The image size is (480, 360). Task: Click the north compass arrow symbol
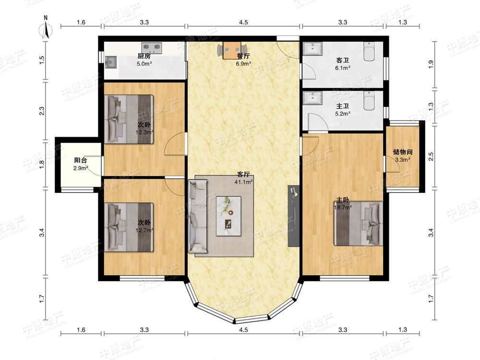(46, 30)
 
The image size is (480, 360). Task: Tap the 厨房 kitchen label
(144, 56)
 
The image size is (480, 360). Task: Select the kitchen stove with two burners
(152, 47)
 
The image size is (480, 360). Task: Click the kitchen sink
(111, 62)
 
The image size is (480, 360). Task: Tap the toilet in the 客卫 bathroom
(369, 51)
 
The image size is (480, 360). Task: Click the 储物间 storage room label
(403, 152)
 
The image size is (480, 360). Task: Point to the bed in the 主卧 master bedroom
(358, 224)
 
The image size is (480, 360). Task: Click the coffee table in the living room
(228, 216)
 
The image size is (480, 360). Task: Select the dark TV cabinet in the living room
(294, 216)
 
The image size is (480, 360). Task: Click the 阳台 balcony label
(81, 160)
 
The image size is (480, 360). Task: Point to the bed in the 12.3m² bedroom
(129, 119)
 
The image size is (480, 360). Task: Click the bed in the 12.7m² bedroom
(129, 227)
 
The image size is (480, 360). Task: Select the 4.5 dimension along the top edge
(243, 22)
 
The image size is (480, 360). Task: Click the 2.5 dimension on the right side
(431, 157)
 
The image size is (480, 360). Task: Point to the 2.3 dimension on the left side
(42, 111)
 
